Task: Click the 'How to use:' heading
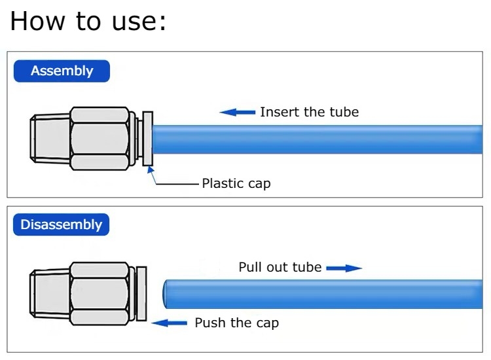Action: point(88,21)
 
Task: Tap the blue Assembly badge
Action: point(62,71)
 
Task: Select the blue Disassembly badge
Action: point(62,225)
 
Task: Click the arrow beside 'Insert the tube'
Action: point(238,112)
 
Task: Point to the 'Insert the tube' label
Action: point(310,112)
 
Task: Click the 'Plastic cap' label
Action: point(236,183)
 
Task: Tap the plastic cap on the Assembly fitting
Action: point(148,138)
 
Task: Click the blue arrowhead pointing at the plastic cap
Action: point(151,170)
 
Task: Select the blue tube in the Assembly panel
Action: point(318,139)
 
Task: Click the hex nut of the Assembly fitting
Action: point(100,138)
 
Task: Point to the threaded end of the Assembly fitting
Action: point(50,138)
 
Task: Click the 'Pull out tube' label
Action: point(280,267)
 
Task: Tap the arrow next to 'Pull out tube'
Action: point(344,268)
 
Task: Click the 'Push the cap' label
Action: point(236,323)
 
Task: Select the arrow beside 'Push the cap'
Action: point(169,323)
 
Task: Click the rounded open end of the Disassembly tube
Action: point(165,294)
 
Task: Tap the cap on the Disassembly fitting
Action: point(141,294)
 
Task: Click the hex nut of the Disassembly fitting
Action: point(100,294)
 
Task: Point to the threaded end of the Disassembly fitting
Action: point(50,294)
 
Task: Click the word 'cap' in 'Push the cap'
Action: point(267,324)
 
